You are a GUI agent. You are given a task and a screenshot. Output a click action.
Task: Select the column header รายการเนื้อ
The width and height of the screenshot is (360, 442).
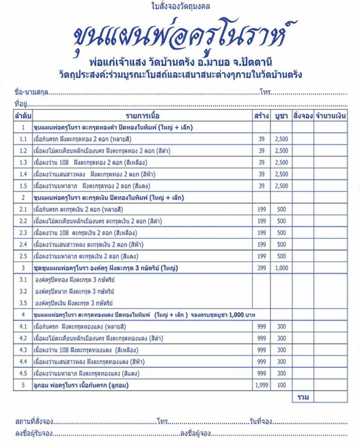coord(143,116)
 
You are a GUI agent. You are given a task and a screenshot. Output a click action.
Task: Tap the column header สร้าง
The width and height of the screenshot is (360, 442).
coord(261,116)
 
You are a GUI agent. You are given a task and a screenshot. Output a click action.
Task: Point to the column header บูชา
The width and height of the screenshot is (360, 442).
coord(281,116)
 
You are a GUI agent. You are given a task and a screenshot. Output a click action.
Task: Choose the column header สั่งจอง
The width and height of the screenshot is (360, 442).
coord(302,116)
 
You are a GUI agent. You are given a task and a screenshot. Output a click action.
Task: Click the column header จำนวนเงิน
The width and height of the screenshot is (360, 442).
coord(330,116)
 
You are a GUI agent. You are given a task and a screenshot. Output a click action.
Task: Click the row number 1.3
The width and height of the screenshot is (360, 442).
coord(23,162)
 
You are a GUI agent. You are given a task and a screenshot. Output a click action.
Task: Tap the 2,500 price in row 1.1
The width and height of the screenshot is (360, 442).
coord(281,139)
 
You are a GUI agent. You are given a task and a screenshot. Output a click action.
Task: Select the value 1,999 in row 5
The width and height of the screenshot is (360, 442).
coord(261,385)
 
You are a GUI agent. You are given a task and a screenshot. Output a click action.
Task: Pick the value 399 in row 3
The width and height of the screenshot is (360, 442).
coord(261,268)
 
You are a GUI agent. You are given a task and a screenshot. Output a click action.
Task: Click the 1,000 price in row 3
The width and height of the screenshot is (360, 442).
coord(281,268)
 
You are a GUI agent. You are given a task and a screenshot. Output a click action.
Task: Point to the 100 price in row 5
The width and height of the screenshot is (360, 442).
coord(281,385)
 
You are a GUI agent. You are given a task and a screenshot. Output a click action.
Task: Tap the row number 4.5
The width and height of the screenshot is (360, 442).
coord(23,374)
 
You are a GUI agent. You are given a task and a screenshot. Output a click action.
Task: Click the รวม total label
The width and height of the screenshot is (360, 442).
coord(302,397)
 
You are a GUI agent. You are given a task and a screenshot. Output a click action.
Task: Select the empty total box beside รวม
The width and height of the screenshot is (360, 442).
coord(330,397)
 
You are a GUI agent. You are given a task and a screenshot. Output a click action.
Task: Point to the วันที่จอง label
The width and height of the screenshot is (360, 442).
coord(260,422)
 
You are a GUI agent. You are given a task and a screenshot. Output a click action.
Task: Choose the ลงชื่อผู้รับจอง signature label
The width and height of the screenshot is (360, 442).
coord(33,433)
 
